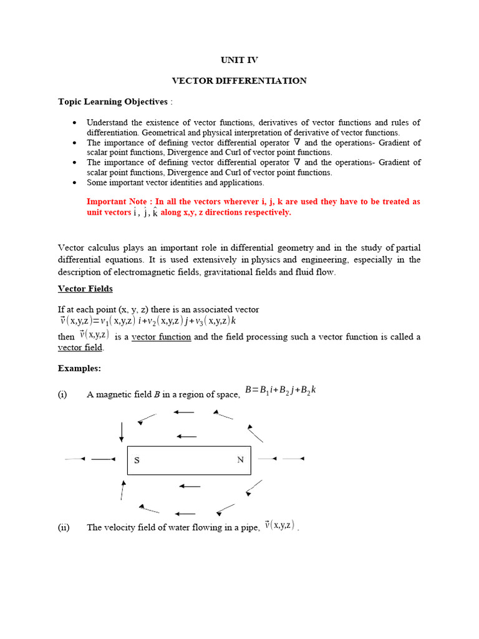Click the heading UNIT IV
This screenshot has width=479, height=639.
click(239, 60)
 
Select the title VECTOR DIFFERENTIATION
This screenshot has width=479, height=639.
click(239, 80)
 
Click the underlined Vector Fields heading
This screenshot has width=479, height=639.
click(85, 288)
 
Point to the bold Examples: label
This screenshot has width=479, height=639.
click(79, 368)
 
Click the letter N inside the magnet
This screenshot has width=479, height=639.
click(240, 461)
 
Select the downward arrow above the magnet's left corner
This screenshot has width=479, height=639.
click(122, 431)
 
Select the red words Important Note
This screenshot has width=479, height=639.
click(118, 202)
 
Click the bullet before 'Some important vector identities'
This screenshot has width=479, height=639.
click(75, 183)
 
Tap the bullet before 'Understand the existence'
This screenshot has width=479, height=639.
click(75, 122)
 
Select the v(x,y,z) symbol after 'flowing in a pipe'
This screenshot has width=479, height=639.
click(279, 525)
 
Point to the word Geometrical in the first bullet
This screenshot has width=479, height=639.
click(167, 132)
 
